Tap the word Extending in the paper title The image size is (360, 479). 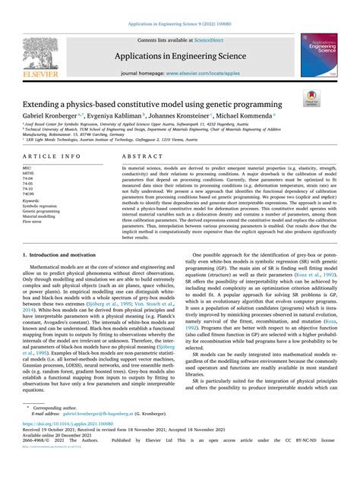point(50,103)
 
